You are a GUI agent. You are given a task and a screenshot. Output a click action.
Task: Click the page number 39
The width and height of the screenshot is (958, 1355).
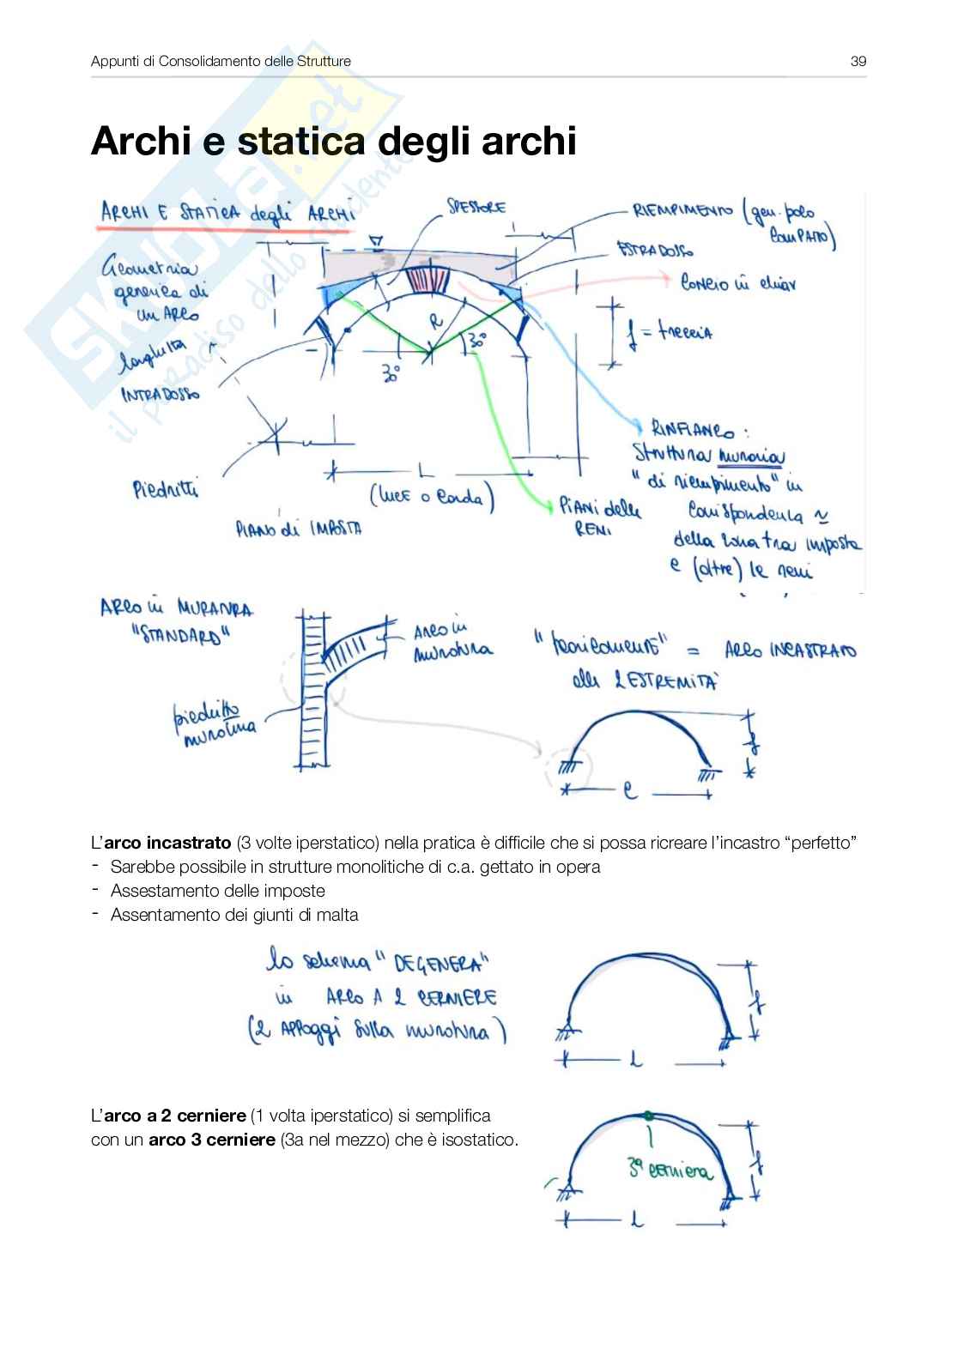(x=858, y=61)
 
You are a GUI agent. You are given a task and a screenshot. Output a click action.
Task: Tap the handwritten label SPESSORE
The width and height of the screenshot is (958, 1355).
(x=476, y=207)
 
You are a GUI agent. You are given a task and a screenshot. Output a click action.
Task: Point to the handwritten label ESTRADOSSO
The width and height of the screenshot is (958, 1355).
(x=655, y=251)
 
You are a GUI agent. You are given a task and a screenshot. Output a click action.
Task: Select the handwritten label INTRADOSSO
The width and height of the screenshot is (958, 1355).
(x=161, y=394)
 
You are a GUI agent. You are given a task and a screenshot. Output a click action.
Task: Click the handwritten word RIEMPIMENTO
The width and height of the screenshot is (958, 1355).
(x=682, y=210)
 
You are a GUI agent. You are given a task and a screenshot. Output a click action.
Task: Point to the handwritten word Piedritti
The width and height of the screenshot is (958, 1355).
(x=166, y=490)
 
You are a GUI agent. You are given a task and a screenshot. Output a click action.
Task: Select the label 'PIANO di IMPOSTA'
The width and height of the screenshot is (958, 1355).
(x=299, y=529)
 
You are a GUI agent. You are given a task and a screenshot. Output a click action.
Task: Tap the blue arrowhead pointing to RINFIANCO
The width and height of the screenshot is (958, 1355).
(x=638, y=426)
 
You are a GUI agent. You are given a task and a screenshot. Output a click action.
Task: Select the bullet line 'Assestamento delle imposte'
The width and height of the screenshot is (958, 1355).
(x=218, y=891)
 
